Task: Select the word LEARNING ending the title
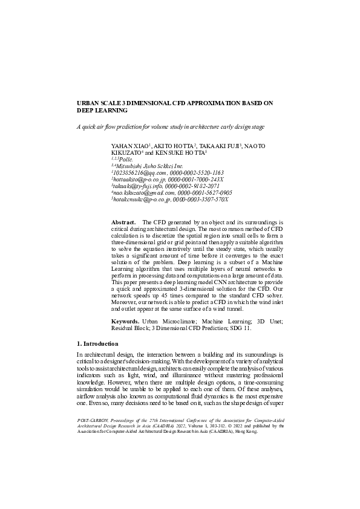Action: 94,111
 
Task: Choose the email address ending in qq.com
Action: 139,172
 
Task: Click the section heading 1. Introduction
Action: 102,343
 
